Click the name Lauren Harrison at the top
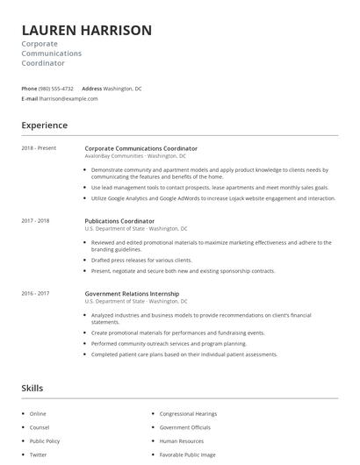(x=86, y=30)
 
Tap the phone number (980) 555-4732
(x=56, y=89)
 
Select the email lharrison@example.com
(x=68, y=99)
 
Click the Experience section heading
(x=44, y=125)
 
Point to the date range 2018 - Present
(x=39, y=148)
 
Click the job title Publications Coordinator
(x=119, y=221)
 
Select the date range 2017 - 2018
(x=35, y=221)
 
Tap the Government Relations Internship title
(x=132, y=294)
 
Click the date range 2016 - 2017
(x=35, y=294)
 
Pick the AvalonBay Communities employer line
(x=135, y=156)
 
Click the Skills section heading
(x=32, y=388)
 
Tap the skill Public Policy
(x=45, y=441)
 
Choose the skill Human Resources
(x=181, y=441)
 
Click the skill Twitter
(x=38, y=455)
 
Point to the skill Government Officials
(x=184, y=427)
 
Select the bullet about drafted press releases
(x=141, y=261)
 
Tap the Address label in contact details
(x=91, y=89)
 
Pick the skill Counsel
(x=39, y=427)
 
